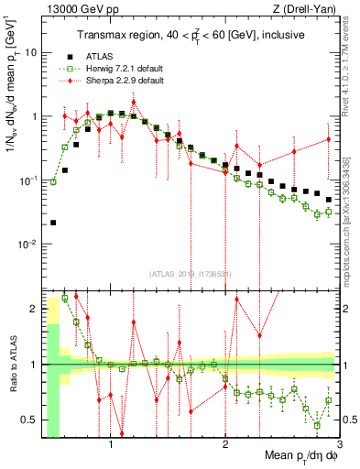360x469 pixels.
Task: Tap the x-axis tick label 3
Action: [x=340, y=446]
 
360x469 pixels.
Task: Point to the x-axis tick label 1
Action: [x=111, y=446]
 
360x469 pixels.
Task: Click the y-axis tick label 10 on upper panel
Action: [x=29, y=52]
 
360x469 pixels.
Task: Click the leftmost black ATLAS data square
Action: [x=53, y=223]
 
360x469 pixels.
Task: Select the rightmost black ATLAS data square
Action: [x=329, y=199]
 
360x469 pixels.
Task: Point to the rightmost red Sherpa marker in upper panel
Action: [x=329, y=139]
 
